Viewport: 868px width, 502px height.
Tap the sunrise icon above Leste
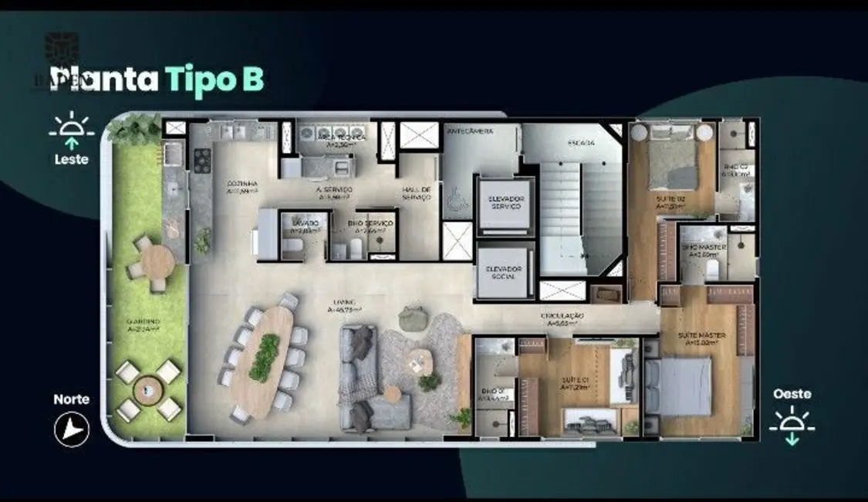pos(71,131)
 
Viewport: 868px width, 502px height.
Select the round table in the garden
pos(157,260)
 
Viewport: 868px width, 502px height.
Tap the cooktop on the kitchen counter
pos(201,160)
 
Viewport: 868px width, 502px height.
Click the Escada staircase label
pos(582,144)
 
